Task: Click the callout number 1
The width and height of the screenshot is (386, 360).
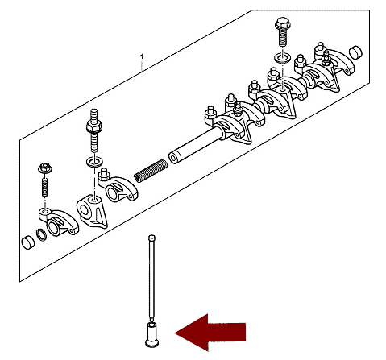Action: (x=142, y=56)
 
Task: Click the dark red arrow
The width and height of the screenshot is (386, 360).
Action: (x=210, y=333)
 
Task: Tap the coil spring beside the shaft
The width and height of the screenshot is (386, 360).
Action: (x=151, y=171)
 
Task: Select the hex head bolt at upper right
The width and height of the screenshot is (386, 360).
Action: (x=283, y=31)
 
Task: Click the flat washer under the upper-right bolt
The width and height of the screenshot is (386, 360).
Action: (x=282, y=58)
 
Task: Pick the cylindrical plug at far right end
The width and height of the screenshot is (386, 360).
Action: (x=355, y=52)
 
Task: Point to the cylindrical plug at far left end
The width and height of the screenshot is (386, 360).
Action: (x=28, y=242)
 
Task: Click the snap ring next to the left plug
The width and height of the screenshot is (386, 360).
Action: (x=41, y=234)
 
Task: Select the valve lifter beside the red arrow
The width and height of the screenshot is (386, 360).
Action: (x=152, y=335)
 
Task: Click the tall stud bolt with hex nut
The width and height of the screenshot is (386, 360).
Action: (x=94, y=130)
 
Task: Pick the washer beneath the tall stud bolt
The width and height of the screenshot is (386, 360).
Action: (x=95, y=162)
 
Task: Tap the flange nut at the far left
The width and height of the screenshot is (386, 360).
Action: (x=45, y=168)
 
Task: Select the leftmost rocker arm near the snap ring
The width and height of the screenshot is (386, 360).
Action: (x=58, y=221)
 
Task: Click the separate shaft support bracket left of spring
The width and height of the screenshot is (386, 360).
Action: (x=92, y=212)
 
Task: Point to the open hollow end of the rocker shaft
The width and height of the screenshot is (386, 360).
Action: (x=173, y=159)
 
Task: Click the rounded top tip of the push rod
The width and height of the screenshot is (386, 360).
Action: (x=151, y=237)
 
